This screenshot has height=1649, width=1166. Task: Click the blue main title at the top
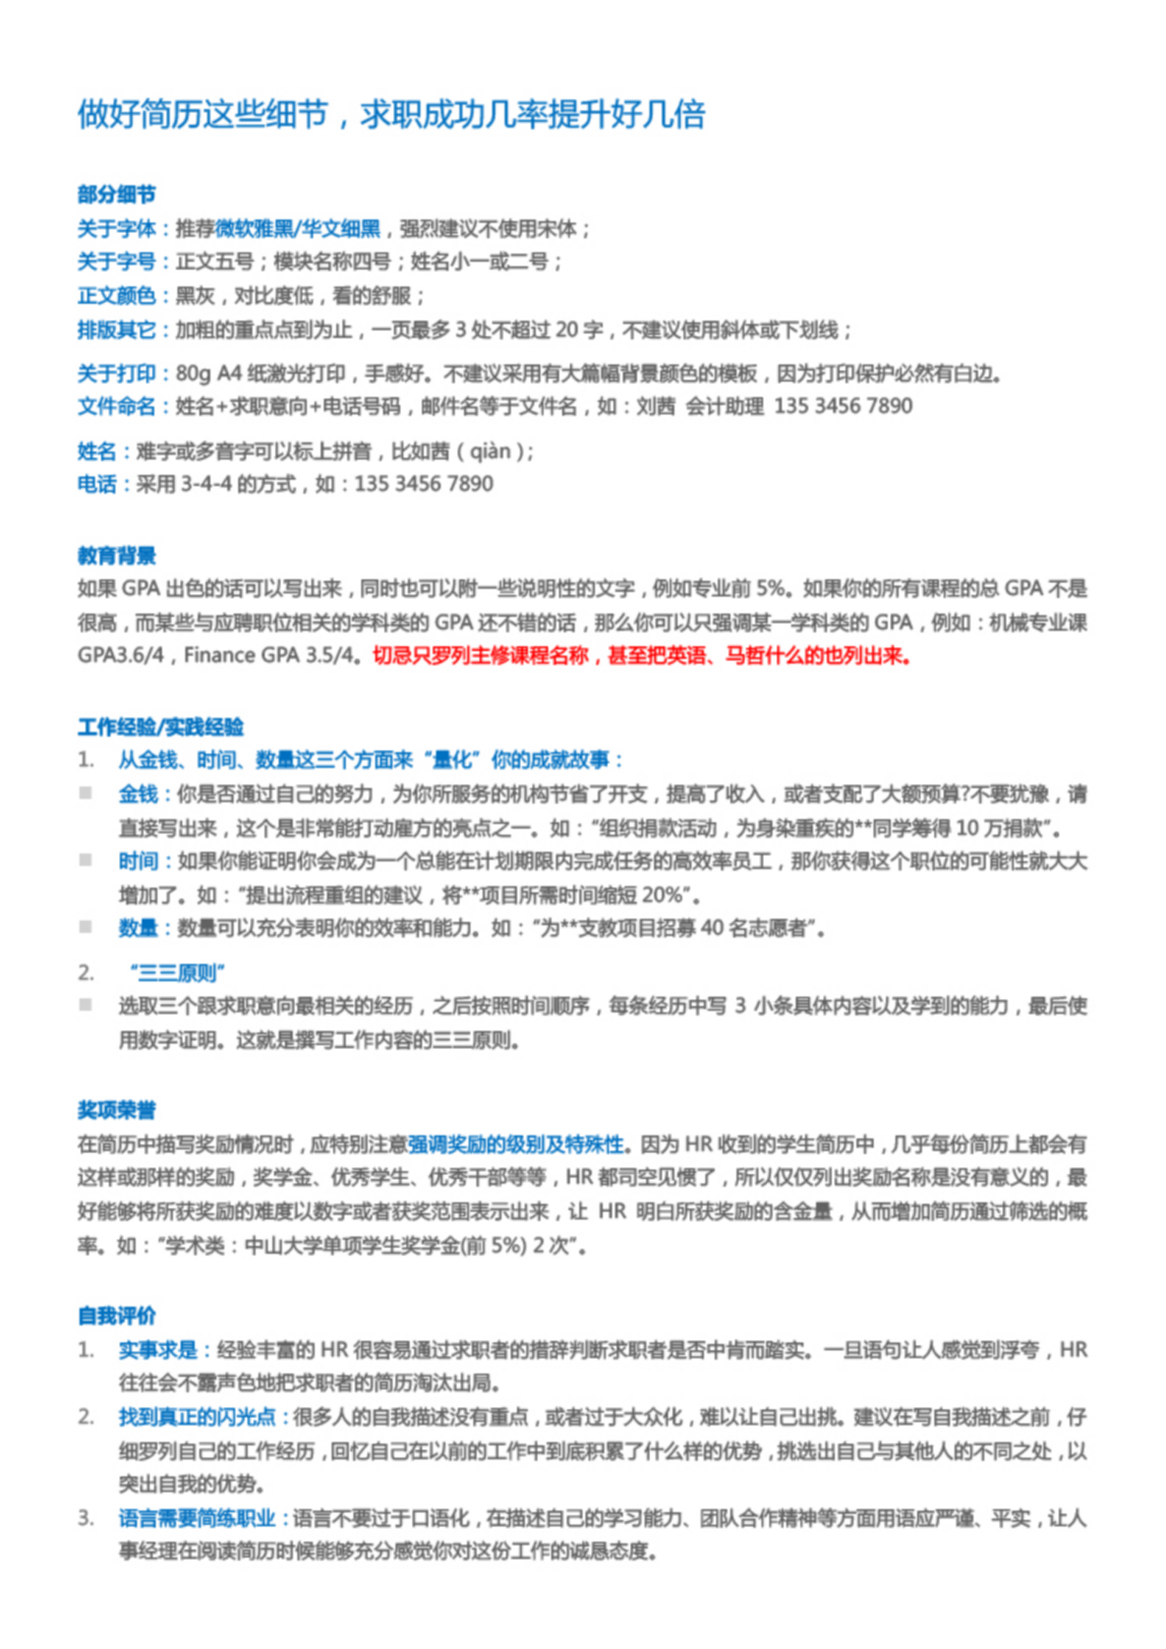391,115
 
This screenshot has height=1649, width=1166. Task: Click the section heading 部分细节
117,194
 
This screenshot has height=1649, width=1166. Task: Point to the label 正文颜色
117,295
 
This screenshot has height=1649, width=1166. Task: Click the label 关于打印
117,374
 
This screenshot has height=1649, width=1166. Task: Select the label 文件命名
117,406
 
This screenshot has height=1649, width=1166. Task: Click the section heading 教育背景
117,555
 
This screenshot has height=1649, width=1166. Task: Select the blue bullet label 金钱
138,794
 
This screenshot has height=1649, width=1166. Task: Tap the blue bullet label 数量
138,928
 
